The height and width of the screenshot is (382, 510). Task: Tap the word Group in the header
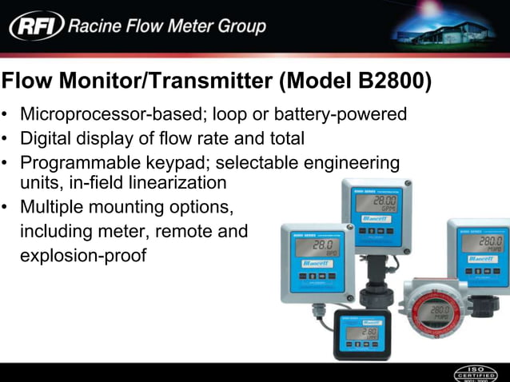point(237,26)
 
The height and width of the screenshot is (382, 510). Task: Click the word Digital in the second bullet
point(47,138)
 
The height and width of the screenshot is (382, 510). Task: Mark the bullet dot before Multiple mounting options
point(6,207)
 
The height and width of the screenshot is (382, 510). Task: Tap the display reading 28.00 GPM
point(377,205)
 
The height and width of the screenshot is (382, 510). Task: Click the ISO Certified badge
point(476,372)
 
